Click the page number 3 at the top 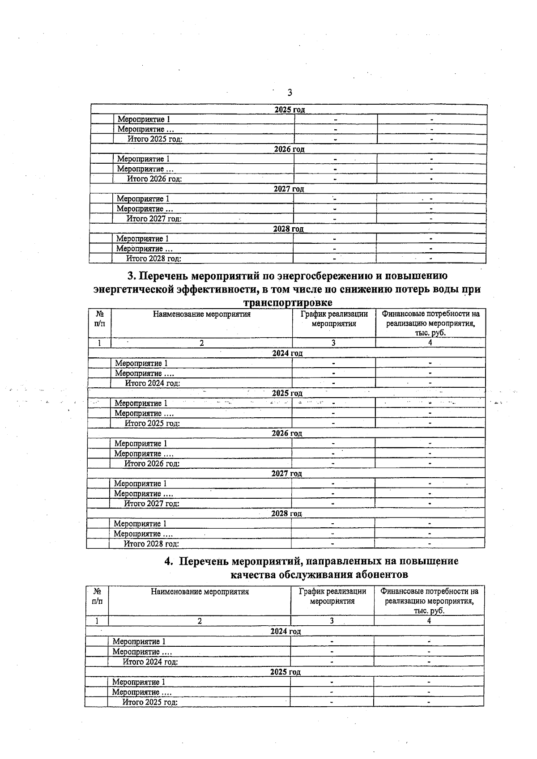(290, 93)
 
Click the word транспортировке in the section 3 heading (288, 303)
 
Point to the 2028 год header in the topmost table (289, 229)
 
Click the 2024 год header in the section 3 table (287, 353)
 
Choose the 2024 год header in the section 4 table (286, 632)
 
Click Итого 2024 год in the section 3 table (153, 383)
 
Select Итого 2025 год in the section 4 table (150, 702)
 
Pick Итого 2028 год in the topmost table (153, 259)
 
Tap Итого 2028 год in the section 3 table (151, 544)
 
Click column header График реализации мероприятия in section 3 (334, 319)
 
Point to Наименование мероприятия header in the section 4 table (200, 592)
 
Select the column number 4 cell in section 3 (430, 343)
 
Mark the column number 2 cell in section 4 (200, 621)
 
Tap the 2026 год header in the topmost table (290, 149)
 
